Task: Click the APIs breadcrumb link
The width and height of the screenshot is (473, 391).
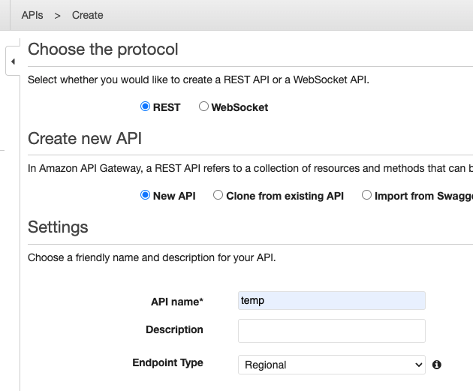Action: [32, 15]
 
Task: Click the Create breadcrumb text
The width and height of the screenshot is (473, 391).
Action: [88, 15]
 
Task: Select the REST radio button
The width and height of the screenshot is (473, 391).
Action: [146, 107]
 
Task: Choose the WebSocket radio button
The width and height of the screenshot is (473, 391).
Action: [203, 107]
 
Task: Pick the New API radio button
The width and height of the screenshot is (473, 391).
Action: [146, 195]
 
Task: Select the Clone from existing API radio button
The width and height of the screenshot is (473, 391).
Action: [218, 195]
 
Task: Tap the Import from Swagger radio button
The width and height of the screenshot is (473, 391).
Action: [367, 195]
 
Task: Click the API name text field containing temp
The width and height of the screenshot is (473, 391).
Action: [331, 301]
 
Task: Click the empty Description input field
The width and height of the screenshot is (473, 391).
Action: [331, 331]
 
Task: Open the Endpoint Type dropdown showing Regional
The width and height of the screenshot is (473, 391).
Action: [331, 365]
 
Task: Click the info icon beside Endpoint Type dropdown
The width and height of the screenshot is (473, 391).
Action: [437, 365]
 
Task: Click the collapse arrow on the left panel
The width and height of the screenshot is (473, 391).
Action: [13, 62]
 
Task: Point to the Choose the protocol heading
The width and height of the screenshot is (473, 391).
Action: [103, 50]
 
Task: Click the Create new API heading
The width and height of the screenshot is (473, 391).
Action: [85, 138]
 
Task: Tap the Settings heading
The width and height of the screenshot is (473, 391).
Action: [58, 227]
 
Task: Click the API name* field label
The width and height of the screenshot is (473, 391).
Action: [177, 301]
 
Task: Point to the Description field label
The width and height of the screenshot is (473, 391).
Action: [174, 329]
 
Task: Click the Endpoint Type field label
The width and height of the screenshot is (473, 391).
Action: [167, 362]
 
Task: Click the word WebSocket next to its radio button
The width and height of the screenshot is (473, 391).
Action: [240, 107]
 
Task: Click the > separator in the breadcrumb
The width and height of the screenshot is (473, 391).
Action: [58, 15]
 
